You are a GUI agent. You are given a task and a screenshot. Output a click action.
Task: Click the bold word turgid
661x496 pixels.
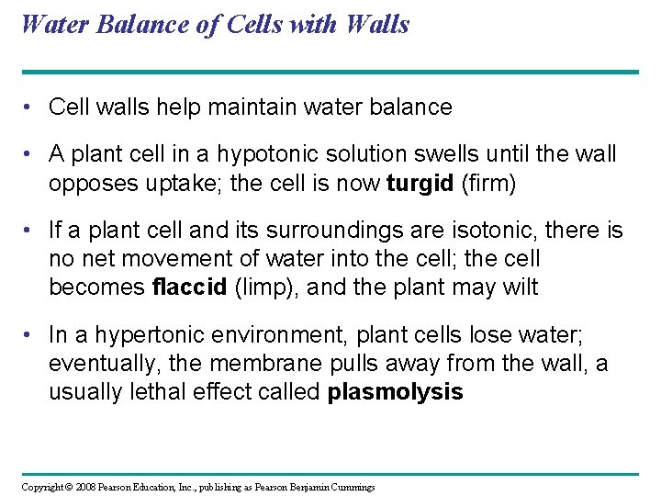coord(420,184)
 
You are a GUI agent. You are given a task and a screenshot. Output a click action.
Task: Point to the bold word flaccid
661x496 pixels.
coord(188,287)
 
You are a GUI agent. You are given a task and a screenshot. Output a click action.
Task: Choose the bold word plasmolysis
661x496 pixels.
coord(396,392)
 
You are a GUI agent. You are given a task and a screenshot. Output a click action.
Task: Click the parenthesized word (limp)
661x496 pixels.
coord(266,287)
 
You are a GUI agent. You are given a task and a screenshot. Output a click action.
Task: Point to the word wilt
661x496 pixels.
coord(521,287)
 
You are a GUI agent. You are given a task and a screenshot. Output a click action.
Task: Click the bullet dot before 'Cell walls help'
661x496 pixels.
coord(29,107)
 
